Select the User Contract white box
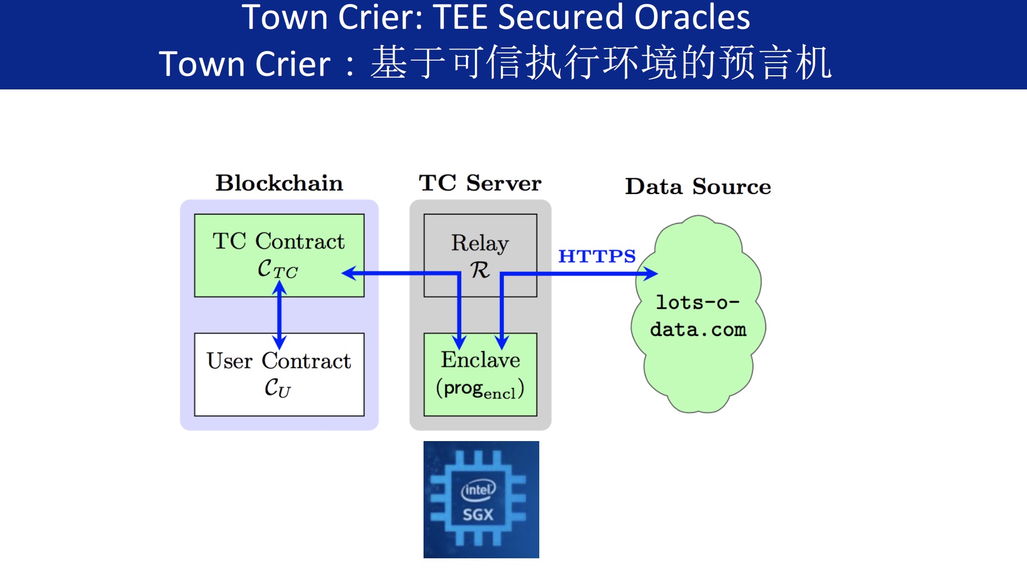(x=279, y=374)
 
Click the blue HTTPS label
(x=596, y=256)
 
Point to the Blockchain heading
(x=279, y=183)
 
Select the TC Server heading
(x=480, y=183)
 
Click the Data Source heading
(x=698, y=186)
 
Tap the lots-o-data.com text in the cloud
(x=698, y=316)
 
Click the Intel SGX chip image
(x=481, y=499)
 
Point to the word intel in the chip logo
(x=478, y=490)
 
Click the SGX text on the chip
(x=478, y=515)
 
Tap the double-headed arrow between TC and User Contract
(x=279, y=314)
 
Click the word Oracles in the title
(x=692, y=17)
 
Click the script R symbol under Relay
(x=480, y=270)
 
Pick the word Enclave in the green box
(x=480, y=360)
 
